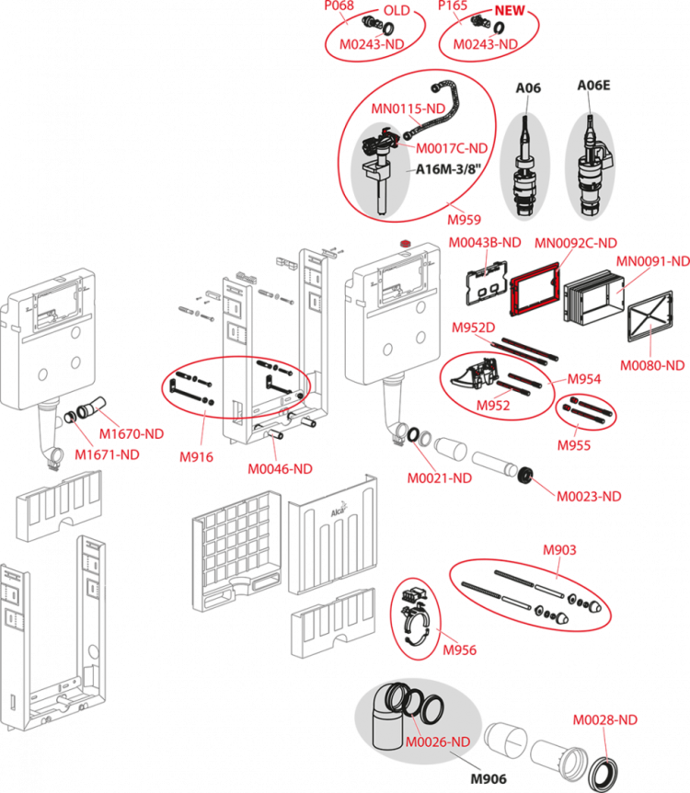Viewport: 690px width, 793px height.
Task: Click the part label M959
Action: [464, 220]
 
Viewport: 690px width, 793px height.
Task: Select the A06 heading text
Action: [528, 88]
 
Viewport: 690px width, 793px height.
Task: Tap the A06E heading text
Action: [594, 85]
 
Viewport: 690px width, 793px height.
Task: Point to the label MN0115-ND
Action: [408, 109]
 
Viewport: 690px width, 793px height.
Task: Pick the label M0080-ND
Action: [652, 365]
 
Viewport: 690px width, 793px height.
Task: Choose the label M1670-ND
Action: [132, 433]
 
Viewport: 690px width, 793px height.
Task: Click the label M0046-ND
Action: [280, 469]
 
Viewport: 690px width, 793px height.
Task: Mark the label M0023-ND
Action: [589, 496]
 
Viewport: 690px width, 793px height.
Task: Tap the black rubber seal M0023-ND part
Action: [526, 476]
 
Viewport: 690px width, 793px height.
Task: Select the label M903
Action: [559, 550]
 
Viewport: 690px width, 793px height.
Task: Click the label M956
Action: [459, 649]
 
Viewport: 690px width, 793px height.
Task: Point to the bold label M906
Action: [489, 779]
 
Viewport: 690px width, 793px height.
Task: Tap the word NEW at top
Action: [510, 11]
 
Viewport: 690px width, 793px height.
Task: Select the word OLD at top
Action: [397, 11]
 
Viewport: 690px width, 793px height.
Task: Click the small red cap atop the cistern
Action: [405, 244]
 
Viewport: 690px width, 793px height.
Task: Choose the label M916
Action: [196, 456]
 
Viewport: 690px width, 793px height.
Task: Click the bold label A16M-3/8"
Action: [448, 169]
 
